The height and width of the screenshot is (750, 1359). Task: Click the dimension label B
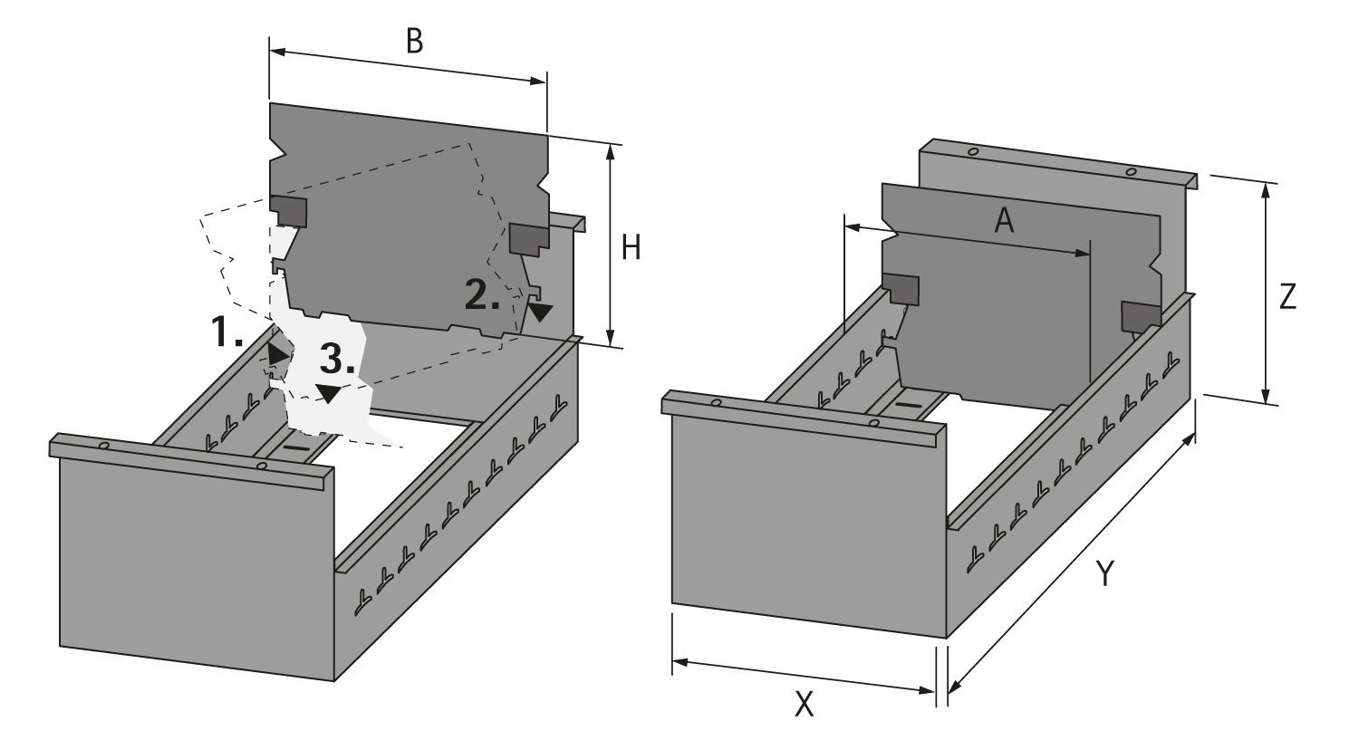(x=414, y=42)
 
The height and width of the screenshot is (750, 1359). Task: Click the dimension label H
(x=631, y=246)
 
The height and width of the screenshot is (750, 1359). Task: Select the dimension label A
(x=1003, y=220)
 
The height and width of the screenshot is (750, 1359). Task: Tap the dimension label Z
(x=1287, y=297)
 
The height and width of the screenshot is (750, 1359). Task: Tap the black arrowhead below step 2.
(x=541, y=312)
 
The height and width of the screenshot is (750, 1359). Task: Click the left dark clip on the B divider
(x=291, y=211)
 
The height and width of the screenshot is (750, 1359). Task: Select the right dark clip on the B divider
(x=528, y=237)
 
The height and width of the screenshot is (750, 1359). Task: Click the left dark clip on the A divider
(x=901, y=289)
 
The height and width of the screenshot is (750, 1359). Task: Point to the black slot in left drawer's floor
(x=296, y=447)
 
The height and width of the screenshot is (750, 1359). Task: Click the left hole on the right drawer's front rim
(x=716, y=402)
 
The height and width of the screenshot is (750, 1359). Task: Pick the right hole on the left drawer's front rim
(x=261, y=466)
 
